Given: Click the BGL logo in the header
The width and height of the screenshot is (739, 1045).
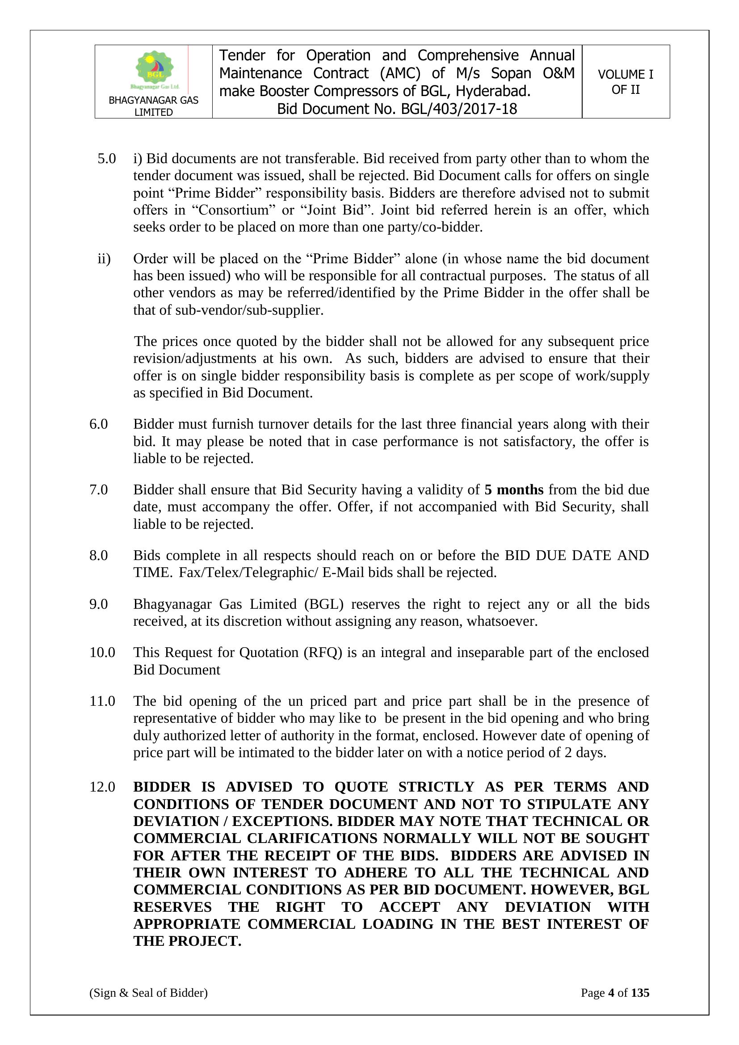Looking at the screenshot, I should (x=155, y=70).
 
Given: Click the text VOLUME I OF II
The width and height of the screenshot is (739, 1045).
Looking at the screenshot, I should (x=625, y=82).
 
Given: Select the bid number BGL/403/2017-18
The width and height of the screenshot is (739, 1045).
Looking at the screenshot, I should (x=459, y=109).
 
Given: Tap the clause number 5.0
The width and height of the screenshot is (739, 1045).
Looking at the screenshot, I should (x=106, y=159).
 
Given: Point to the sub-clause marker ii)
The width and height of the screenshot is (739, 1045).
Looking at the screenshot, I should (x=104, y=259).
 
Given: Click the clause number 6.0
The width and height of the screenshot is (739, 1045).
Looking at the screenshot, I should (x=99, y=424).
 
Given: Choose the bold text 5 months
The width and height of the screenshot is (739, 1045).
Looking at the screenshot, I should (x=514, y=490).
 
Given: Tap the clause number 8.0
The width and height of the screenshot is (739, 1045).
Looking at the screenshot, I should (x=99, y=555).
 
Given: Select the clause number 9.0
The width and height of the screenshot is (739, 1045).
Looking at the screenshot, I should (x=99, y=604).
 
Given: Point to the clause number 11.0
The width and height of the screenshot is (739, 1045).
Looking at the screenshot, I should (x=102, y=701).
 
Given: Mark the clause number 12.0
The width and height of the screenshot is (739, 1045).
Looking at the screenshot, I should (x=102, y=787).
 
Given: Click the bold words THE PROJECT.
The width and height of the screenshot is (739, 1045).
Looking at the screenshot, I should (x=187, y=941).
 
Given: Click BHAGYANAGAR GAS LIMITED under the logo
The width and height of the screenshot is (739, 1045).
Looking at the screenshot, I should (x=153, y=106).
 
